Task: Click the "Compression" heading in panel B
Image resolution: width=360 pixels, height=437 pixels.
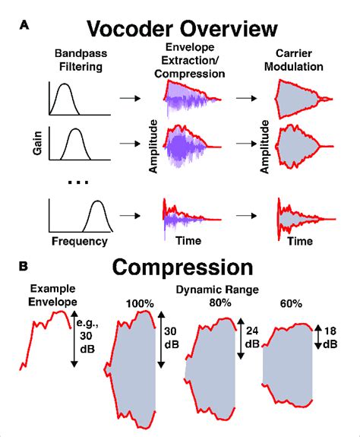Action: (x=182, y=268)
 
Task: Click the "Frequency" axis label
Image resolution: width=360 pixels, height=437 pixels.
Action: (x=80, y=243)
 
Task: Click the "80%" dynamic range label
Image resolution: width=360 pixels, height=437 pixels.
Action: (x=220, y=303)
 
